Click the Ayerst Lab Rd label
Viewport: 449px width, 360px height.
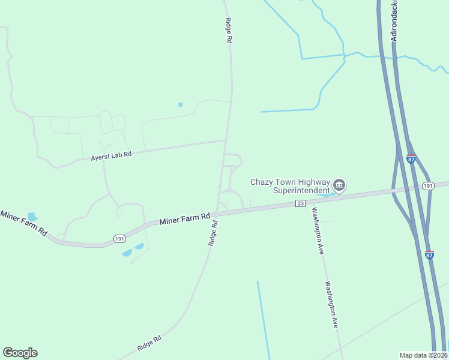pos(110,156)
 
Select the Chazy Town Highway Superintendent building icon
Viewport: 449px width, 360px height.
pos(339,185)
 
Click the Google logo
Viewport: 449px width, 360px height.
pos(20,352)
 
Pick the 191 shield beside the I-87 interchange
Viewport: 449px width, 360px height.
pos(427,187)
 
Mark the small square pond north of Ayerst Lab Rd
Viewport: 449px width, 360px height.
pos(180,105)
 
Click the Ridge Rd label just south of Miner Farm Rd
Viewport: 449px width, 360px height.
pos(212,233)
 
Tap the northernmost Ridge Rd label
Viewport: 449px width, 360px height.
pos(228,30)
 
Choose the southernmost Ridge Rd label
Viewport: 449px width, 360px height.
pos(149,343)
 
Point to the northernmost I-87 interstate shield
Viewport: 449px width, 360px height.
pos(411,159)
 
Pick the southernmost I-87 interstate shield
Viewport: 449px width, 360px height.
pos(429,254)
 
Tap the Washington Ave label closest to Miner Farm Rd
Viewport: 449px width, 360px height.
pos(317,232)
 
